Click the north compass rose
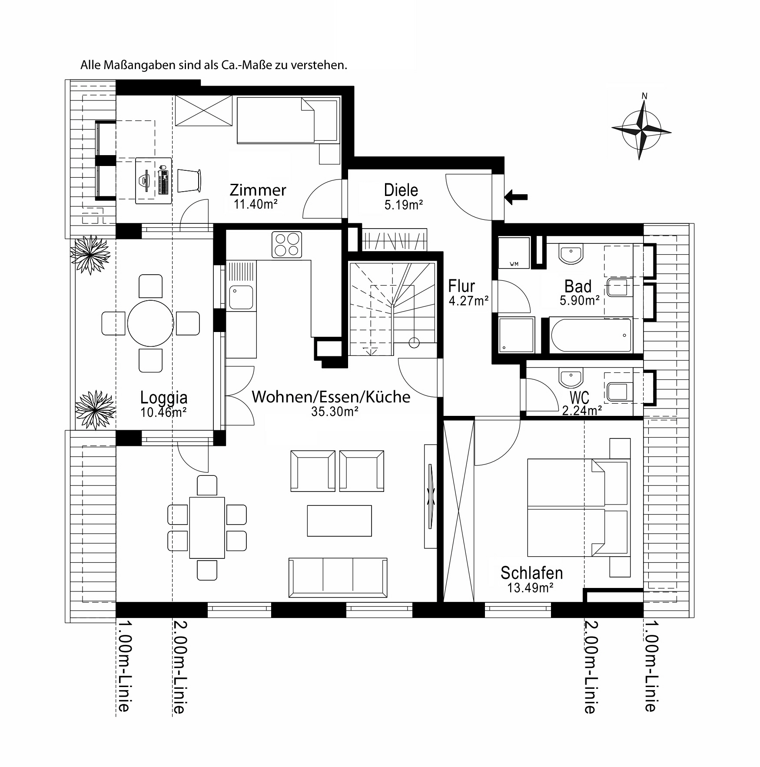[x=641, y=129]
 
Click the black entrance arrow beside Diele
[x=516, y=197]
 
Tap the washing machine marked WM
[x=514, y=252]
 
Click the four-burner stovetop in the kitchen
[x=287, y=245]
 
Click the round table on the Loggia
[x=150, y=323]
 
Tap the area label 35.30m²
[x=335, y=412]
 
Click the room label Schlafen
[x=531, y=573]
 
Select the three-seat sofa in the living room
[x=338, y=578]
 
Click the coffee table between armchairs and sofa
[x=339, y=521]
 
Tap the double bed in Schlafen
[x=578, y=507]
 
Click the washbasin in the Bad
[x=571, y=254]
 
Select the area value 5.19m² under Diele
[x=404, y=205]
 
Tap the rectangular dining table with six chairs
[x=207, y=528]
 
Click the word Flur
[x=461, y=286]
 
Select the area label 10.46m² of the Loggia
[x=163, y=412]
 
